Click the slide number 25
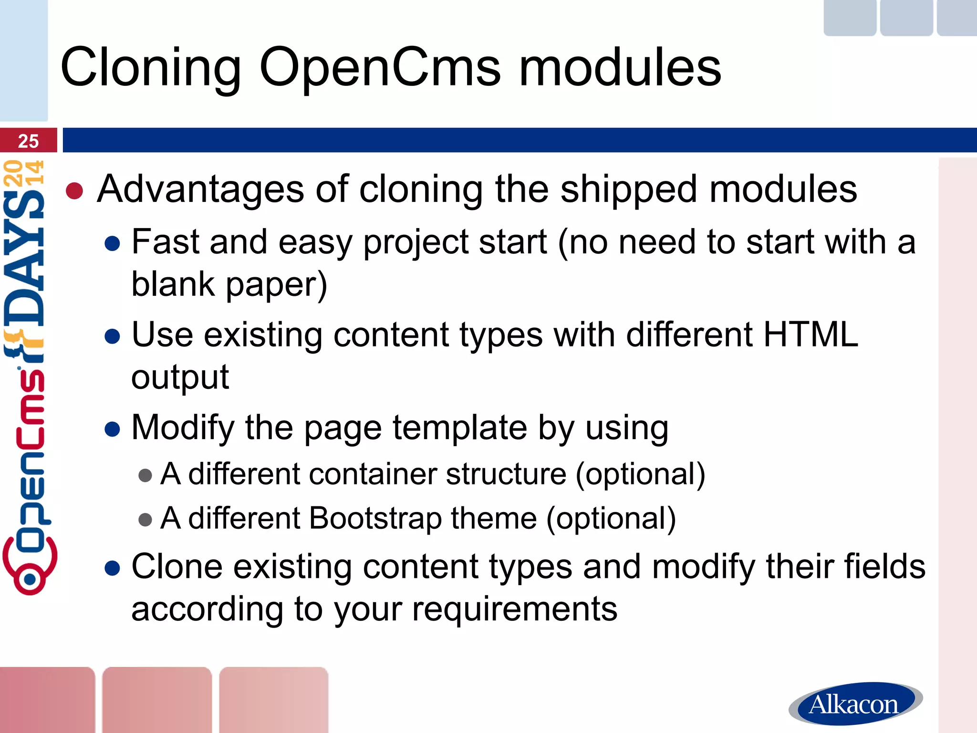(x=28, y=141)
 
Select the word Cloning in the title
(x=151, y=68)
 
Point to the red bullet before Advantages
(x=74, y=191)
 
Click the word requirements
(x=515, y=609)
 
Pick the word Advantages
(x=200, y=189)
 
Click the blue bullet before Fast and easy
(x=112, y=243)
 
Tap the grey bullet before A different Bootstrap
(x=145, y=519)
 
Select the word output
(x=180, y=377)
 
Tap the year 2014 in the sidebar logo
(x=24, y=173)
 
